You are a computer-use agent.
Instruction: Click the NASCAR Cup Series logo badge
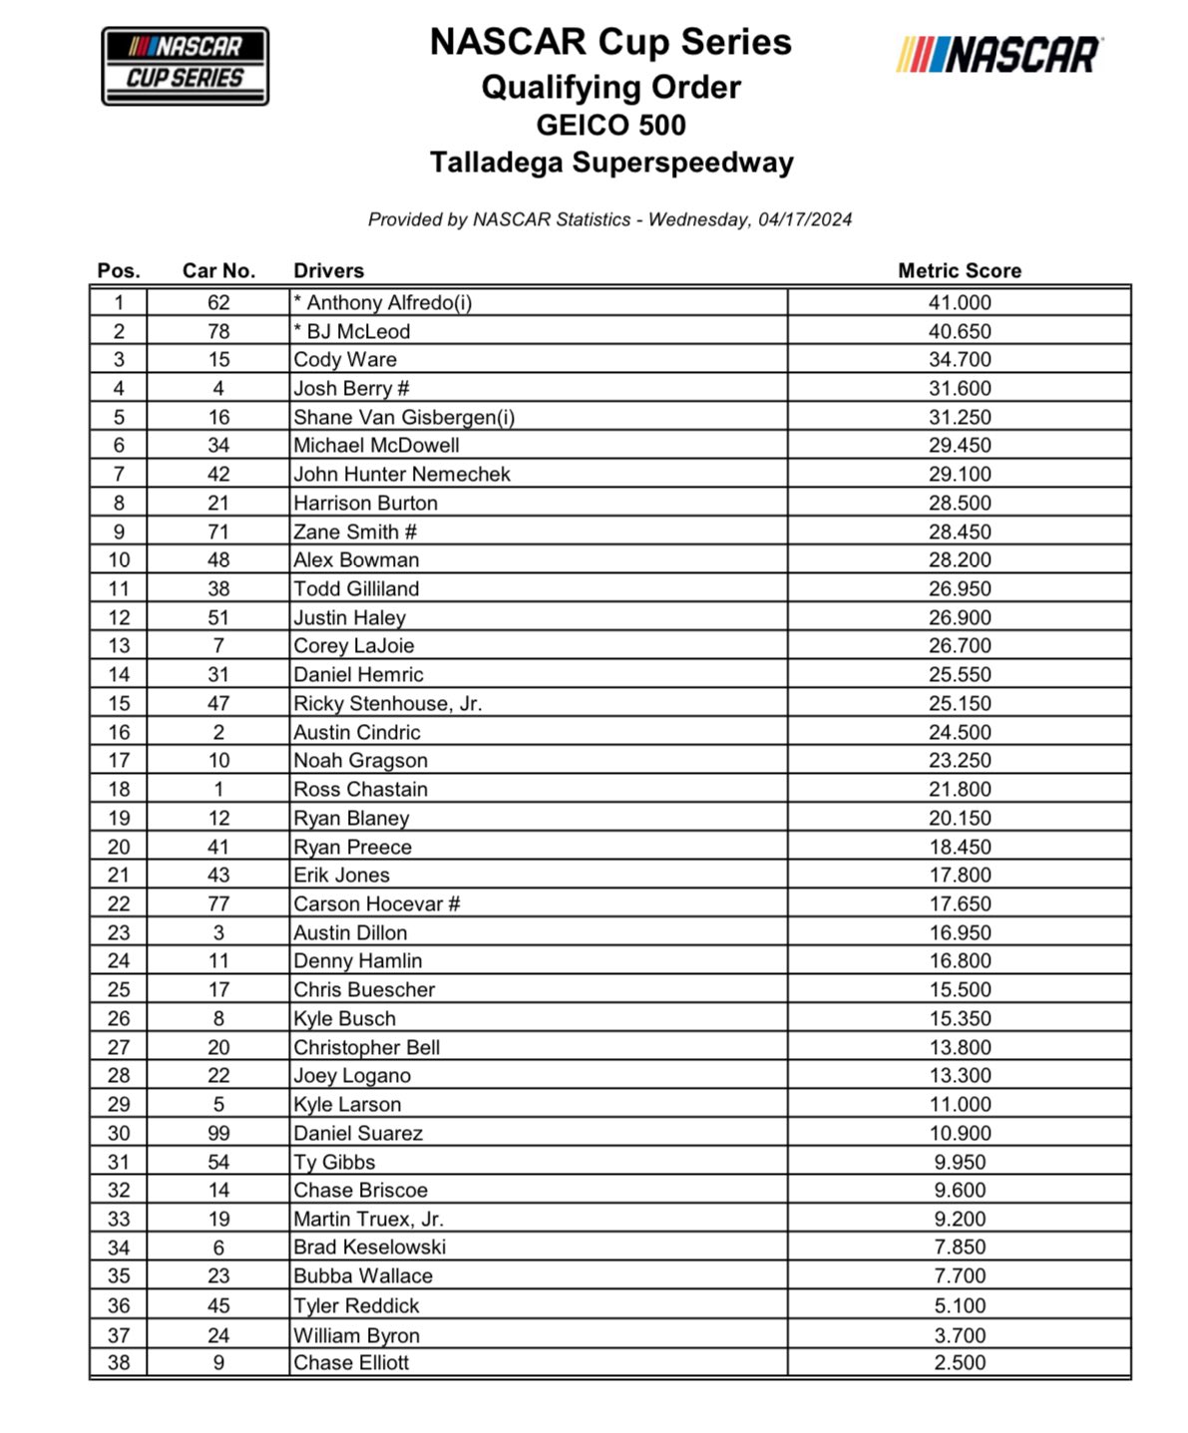[x=186, y=66]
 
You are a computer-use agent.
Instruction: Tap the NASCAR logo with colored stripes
[x=998, y=56]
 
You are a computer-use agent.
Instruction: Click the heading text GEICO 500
[x=610, y=126]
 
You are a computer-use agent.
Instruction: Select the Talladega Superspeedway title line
[x=610, y=163]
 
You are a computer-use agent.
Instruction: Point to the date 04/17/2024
[x=804, y=219]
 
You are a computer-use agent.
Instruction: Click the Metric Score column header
[x=959, y=270]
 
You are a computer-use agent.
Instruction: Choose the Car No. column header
[x=218, y=270]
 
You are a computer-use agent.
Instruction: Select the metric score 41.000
[x=959, y=303]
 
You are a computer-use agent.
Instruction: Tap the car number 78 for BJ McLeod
[x=218, y=332]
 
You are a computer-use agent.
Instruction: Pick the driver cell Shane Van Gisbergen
[x=404, y=418]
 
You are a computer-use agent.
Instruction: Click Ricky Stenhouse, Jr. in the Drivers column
[x=387, y=704]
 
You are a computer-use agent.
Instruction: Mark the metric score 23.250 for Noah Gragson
[x=959, y=761]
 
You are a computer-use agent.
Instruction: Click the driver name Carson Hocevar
[x=368, y=904]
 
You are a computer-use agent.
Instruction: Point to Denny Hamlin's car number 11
[x=218, y=961]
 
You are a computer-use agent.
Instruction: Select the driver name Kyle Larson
[x=347, y=1105]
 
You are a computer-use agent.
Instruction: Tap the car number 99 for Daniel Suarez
[x=218, y=1134]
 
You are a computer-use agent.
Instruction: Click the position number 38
[x=119, y=1363]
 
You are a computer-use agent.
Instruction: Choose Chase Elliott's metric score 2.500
[x=959, y=1363]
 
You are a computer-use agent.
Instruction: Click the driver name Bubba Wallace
[x=363, y=1276]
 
